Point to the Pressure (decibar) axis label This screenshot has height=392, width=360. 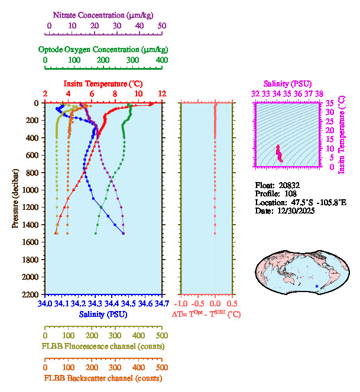tap(16, 199)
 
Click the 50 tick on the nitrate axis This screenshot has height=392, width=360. tap(162, 26)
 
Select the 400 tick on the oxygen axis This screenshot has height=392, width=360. tap(161, 61)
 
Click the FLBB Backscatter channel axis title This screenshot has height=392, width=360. tap(102, 378)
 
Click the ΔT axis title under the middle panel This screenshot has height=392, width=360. tap(206, 315)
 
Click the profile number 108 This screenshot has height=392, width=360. tap(291, 193)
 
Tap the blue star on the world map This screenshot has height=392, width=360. tap(317, 287)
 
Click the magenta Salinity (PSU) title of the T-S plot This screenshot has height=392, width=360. tap(288, 83)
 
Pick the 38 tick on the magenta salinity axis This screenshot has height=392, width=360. tap(319, 93)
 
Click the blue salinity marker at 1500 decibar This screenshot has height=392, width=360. tap(124, 234)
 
